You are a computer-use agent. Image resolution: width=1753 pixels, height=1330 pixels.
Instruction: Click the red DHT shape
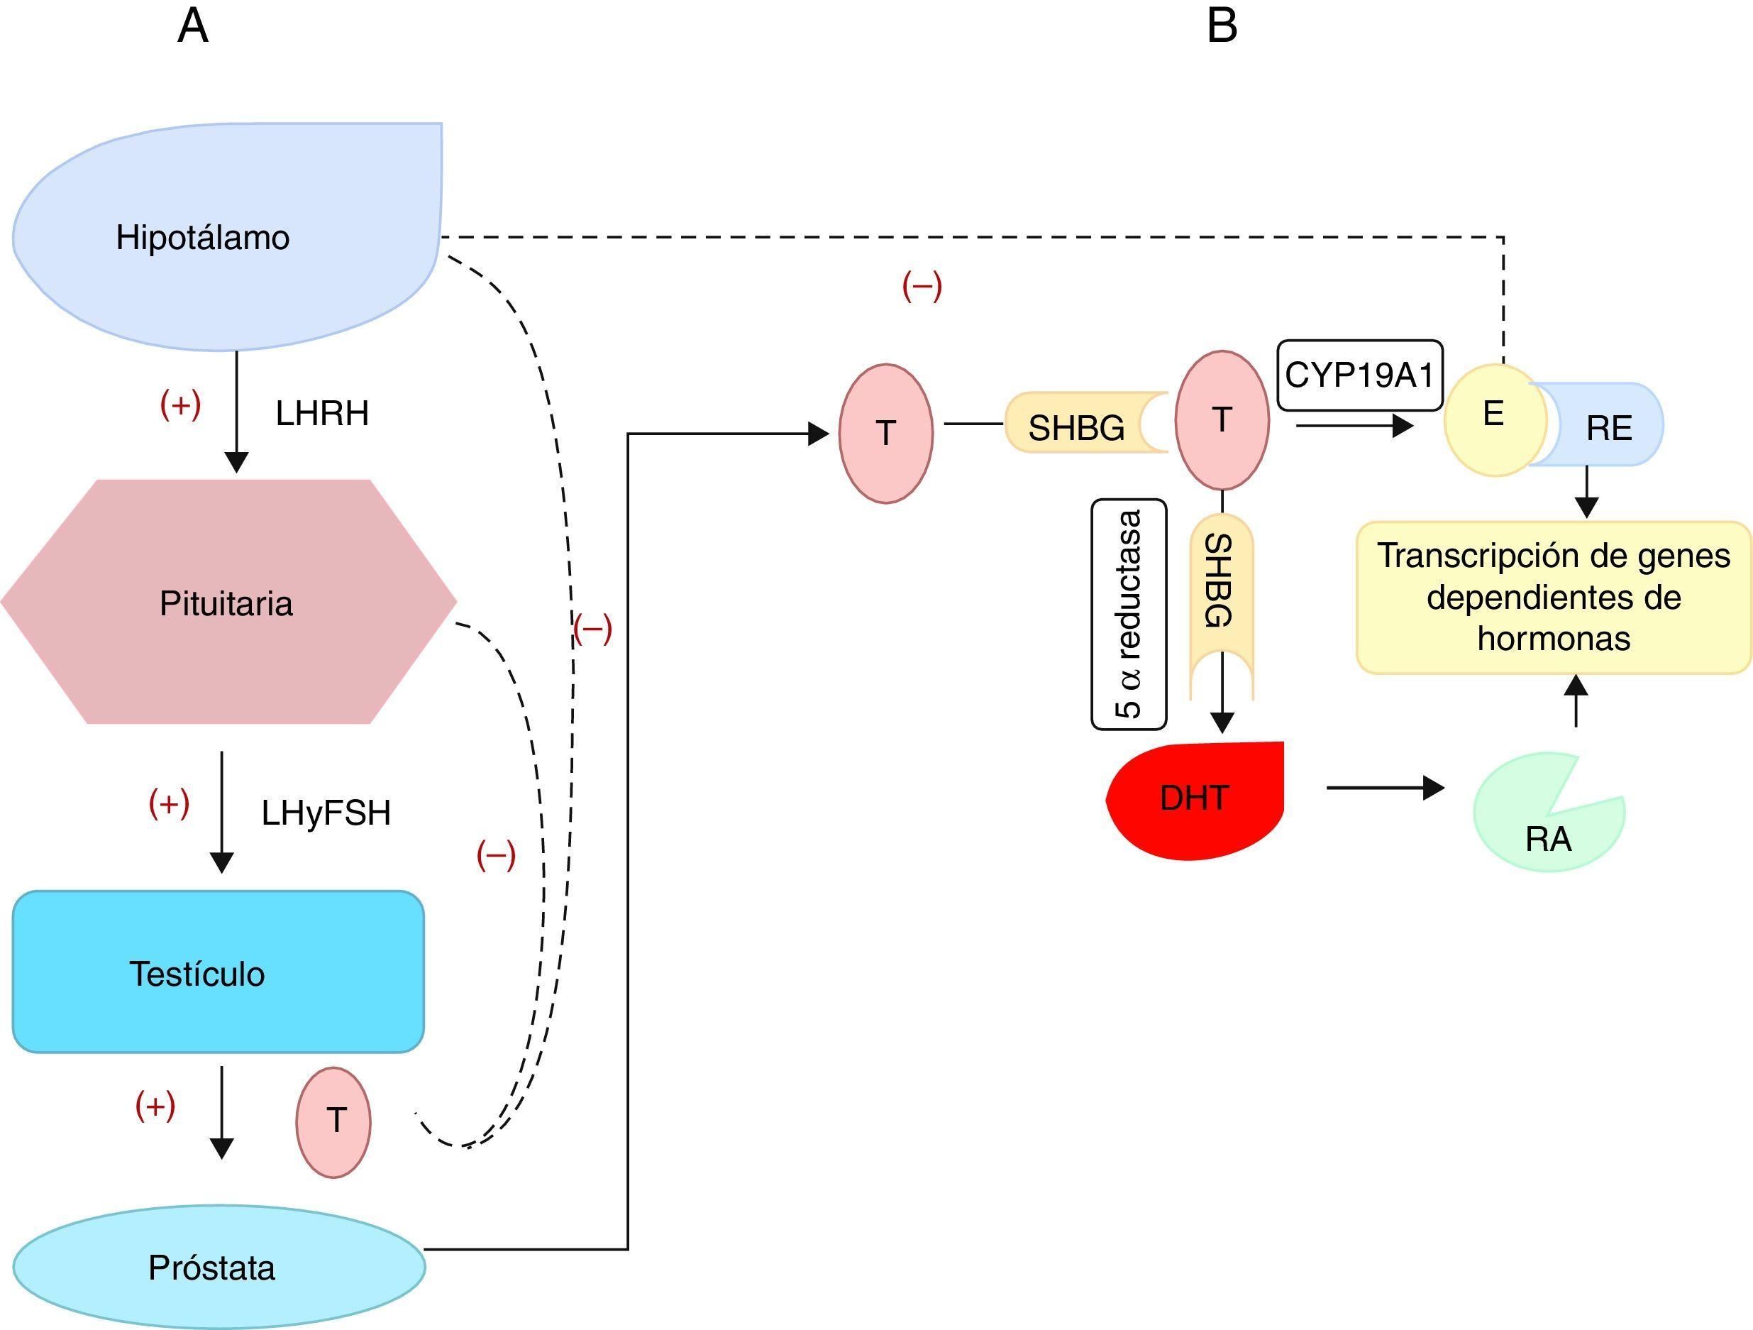tap(1194, 799)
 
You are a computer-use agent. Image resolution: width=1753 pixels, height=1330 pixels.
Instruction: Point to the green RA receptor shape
tap(1545, 824)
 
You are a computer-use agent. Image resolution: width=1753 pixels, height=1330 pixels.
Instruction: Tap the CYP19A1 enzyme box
tap(1359, 375)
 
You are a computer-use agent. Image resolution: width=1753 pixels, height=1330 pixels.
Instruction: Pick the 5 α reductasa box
tap(1129, 615)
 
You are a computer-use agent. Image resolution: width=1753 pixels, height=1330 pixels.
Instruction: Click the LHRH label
tap(322, 413)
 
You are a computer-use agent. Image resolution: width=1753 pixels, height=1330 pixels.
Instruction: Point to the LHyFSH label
tap(326, 813)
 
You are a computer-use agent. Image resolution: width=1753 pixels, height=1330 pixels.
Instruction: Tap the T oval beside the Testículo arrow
tap(333, 1121)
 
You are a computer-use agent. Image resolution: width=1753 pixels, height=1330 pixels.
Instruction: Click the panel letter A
tap(192, 26)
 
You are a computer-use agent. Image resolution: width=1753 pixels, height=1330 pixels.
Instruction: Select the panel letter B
tap(1221, 26)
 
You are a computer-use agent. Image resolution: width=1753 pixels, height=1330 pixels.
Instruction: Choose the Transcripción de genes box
tap(1553, 597)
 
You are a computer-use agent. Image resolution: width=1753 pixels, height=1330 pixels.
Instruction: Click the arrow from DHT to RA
tap(1386, 788)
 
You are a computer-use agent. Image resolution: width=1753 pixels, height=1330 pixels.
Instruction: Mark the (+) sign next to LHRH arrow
tap(181, 405)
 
